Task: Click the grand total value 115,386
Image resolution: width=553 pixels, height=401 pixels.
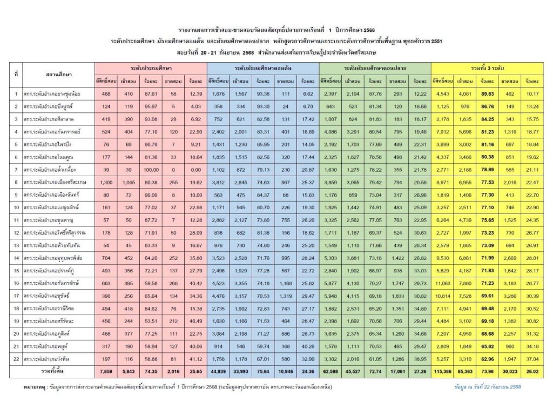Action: pos(441,372)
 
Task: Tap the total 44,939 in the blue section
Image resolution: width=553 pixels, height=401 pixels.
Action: pos(217,372)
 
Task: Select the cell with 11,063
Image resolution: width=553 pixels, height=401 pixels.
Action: pos(441,283)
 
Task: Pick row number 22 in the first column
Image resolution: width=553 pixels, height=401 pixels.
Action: pos(17,358)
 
